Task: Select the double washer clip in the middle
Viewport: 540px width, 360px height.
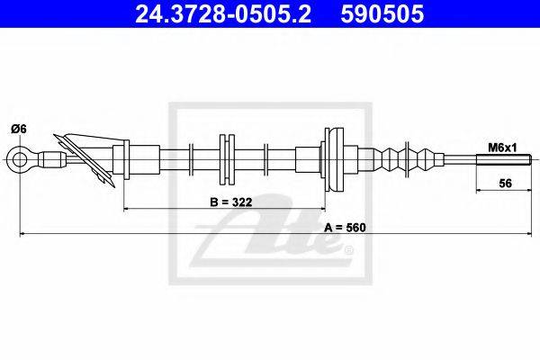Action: (226, 160)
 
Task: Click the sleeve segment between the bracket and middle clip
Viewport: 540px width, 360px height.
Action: (175, 160)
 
